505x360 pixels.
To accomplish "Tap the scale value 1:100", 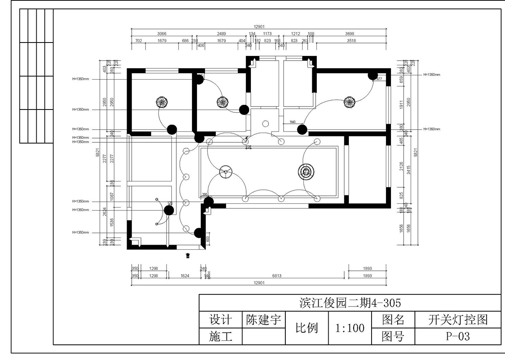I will [350, 328].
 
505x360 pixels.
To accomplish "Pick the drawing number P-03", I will [457, 336].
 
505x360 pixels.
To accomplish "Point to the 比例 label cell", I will [307, 328].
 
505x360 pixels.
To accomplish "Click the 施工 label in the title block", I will [220, 336].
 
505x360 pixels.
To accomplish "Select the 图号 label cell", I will [393, 336].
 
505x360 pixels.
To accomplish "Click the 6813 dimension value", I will [277, 276].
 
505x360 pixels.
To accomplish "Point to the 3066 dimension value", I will [162, 33].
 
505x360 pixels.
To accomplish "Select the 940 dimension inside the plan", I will [292, 122].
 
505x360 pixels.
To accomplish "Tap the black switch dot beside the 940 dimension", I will [301, 129].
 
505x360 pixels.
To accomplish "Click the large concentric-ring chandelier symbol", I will [306, 171].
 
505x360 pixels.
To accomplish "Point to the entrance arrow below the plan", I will [188, 255].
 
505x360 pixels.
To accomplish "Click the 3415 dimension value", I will [408, 169].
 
